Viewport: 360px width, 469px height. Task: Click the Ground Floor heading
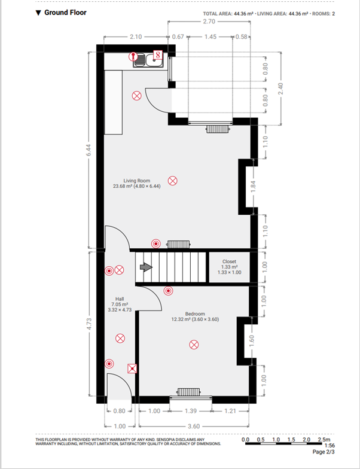[65, 13]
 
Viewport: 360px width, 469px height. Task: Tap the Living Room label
[136, 181]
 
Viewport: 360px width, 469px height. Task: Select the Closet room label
[229, 262]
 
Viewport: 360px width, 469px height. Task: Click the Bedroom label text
[195, 313]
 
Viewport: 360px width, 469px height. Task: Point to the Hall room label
[120, 299]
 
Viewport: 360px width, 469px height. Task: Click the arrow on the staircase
[146, 267]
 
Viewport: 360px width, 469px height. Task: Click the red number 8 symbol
[158, 55]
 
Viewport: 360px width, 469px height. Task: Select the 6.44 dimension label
[89, 150]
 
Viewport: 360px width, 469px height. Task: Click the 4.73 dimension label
[89, 325]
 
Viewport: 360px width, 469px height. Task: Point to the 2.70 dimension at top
[208, 22]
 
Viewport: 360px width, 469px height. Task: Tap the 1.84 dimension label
[254, 187]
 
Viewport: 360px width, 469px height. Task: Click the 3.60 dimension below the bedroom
[194, 426]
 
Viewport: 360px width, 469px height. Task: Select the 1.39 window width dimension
[191, 411]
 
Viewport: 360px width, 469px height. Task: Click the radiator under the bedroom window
[189, 391]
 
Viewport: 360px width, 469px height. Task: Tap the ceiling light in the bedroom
[194, 345]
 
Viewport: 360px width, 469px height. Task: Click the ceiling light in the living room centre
[172, 181]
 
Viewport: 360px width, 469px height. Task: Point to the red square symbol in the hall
[132, 368]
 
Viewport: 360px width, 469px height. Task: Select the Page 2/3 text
[324, 452]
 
